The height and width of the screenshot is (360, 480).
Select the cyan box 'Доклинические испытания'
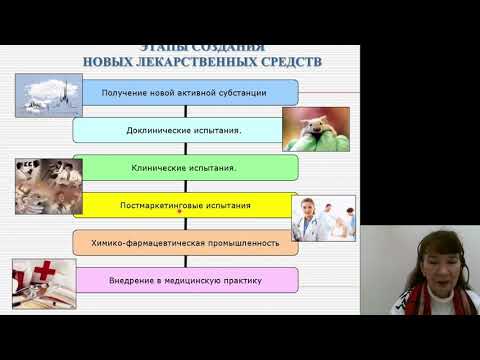click(185, 130)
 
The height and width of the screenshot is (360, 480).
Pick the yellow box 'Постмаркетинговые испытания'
click(185, 205)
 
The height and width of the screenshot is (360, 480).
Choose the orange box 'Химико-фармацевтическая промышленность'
click(185, 242)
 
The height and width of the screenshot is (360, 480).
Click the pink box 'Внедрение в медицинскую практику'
click(185, 280)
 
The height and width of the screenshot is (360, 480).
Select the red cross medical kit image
click(43, 282)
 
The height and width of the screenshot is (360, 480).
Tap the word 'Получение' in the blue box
click(127, 93)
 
